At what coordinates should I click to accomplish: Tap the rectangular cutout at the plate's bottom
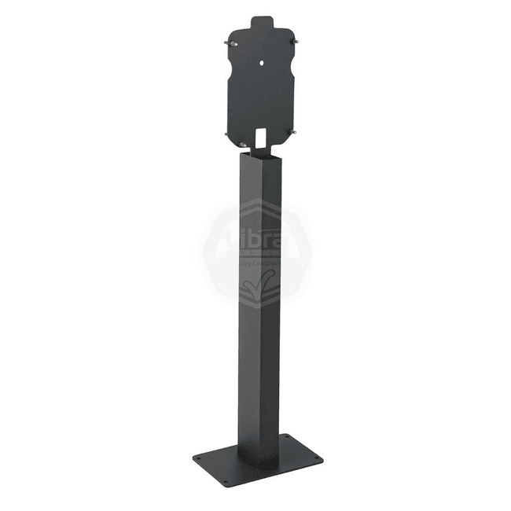262,137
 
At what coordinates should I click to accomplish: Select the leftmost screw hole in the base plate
200,458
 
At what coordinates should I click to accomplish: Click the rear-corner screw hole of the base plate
286,436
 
